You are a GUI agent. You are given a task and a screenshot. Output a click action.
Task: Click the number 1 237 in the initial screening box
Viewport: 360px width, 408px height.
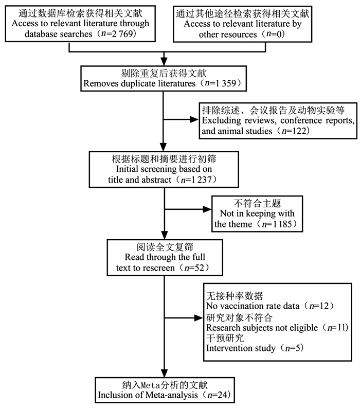[x=202, y=180]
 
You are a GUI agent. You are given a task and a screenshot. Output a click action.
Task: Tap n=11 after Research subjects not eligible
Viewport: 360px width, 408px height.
[x=336, y=328]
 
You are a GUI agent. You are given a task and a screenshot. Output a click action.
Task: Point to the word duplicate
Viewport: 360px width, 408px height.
[x=138, y=83]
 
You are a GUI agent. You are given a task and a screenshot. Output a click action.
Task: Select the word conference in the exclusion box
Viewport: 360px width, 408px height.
[x=302, y=120]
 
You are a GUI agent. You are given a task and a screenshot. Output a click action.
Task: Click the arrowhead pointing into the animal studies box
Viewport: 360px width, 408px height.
[x=194, y=119]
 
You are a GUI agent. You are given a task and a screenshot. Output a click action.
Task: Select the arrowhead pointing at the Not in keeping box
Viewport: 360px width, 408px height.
[x=207, y=209]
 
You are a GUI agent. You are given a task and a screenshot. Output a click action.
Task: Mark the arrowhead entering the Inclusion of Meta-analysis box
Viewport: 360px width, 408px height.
[x=164, y=373]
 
